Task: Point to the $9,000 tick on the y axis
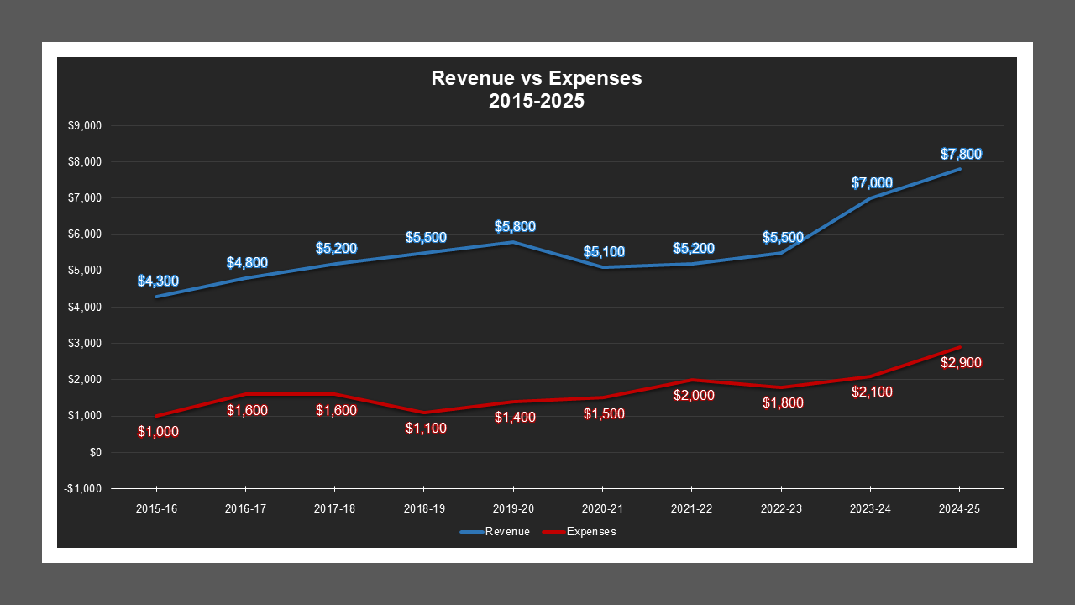(x=84, y=126)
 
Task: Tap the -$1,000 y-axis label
(x=82, y=488)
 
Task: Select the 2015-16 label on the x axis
(x=156, y=509)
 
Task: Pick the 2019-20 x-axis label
(x=513, y=509)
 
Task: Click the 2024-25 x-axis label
(x=959, y=509)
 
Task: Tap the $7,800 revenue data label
(x=961, y=154)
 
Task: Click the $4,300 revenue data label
(x=158, y=281)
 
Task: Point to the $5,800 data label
(x=515, y=226)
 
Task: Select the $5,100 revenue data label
(x=604, y=251)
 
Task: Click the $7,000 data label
(x=872, y=182)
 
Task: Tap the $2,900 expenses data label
(x=961, y=363)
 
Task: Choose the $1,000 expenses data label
(x=158, y=432)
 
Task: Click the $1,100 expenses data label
(x=426, y=428)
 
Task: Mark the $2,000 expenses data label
(x=694, y=395)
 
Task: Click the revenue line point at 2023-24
(x=870, y=198)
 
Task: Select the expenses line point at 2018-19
(x=424, y=413)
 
